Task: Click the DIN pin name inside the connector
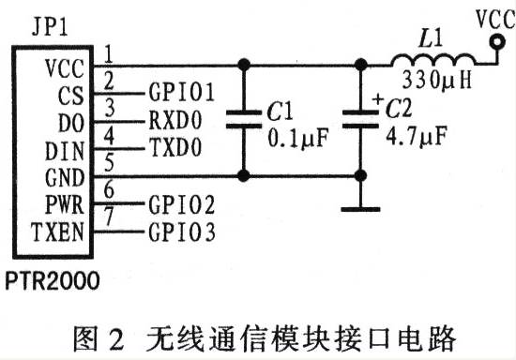pyautogui.click(x=65, y=148)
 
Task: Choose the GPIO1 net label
pyautogui.click(x=182, y=92)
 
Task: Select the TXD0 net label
pyautogui.click(x=175, y=148)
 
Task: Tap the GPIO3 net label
pyautogui.click(x=182, y=231)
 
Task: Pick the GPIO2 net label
pyautogui.click(x=182, y=203)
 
